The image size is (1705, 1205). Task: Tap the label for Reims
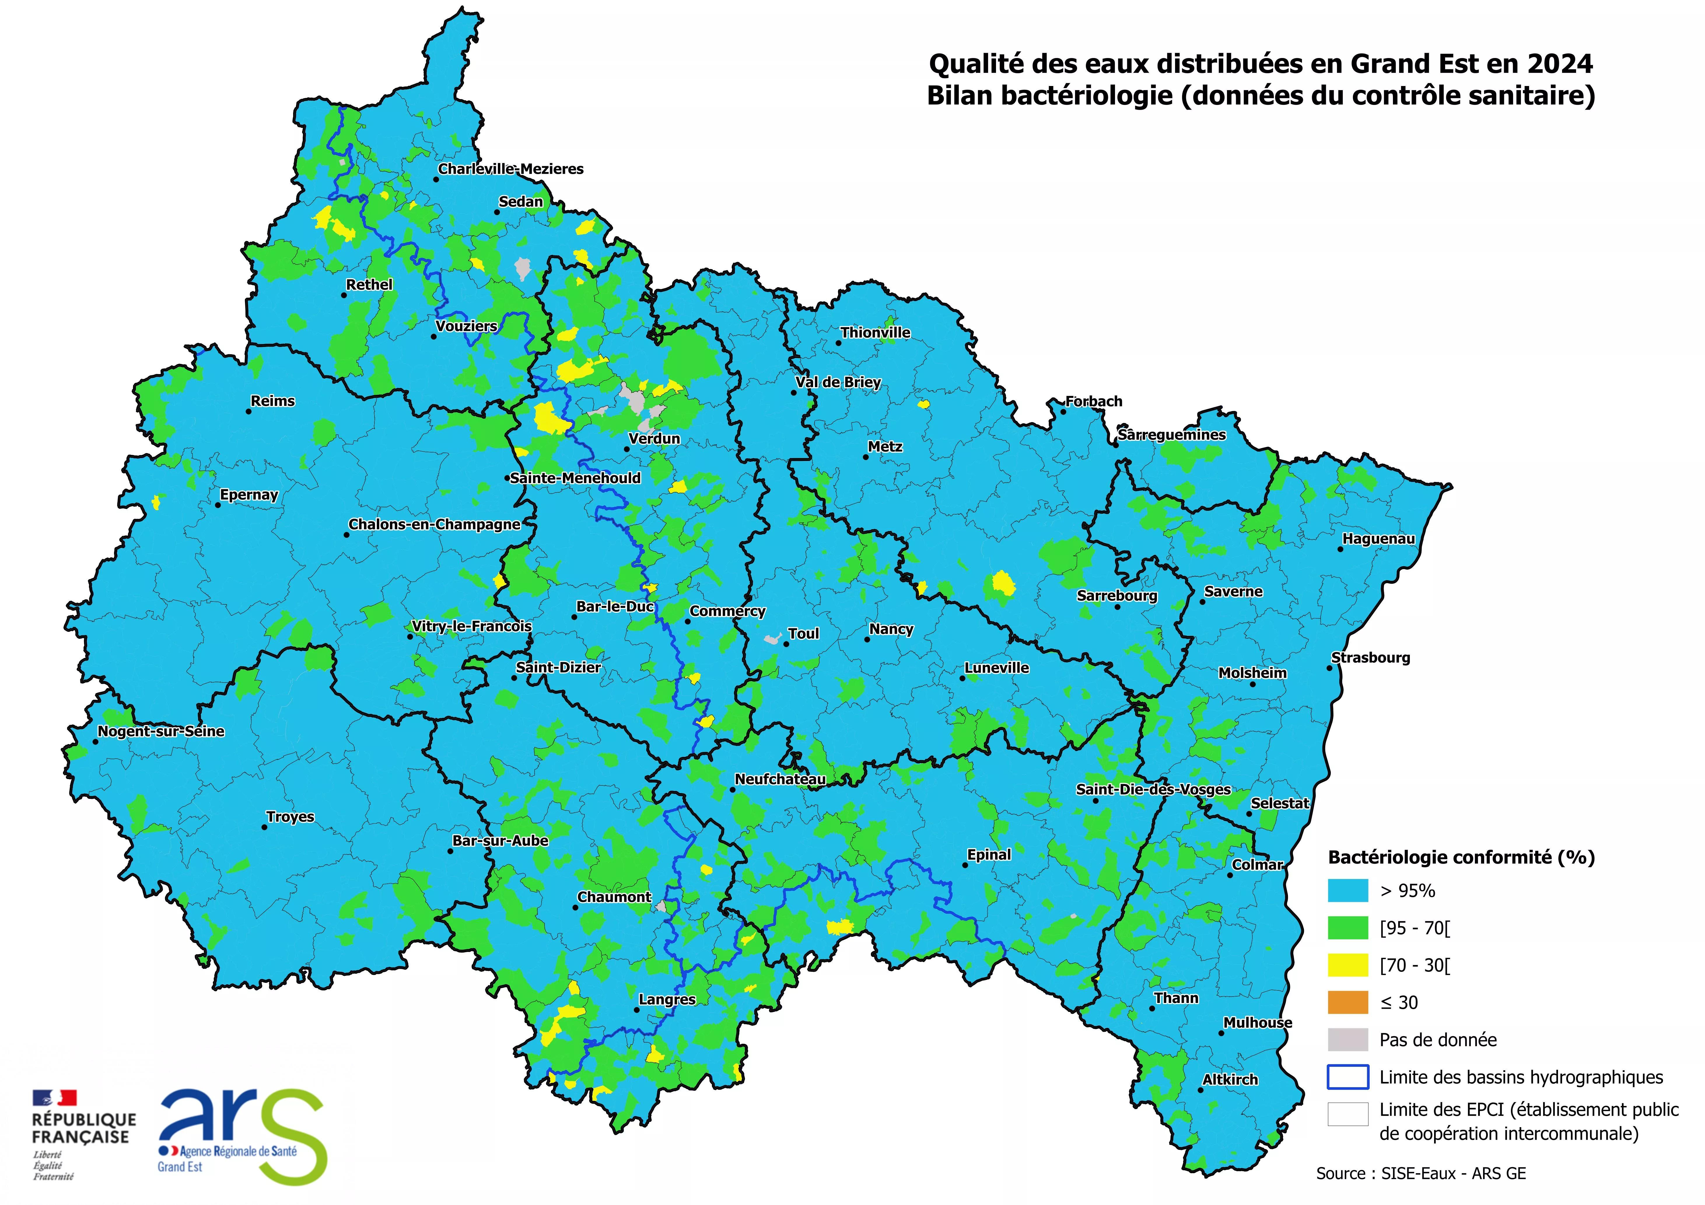(272, 401)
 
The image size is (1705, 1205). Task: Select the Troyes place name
(290, 817)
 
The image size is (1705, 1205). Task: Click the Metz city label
(885, 446)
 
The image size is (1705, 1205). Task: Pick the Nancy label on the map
(891, 629)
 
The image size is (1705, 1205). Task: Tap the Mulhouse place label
(1258, 1022)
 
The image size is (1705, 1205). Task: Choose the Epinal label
(989, 855)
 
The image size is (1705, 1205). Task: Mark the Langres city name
(667, 999)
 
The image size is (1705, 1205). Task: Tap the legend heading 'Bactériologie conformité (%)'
(1461, 857)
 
